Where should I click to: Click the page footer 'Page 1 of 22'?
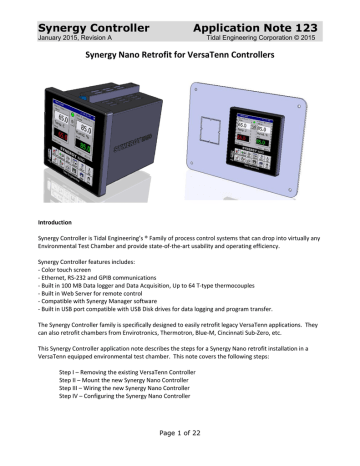click(x=180, y=448)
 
